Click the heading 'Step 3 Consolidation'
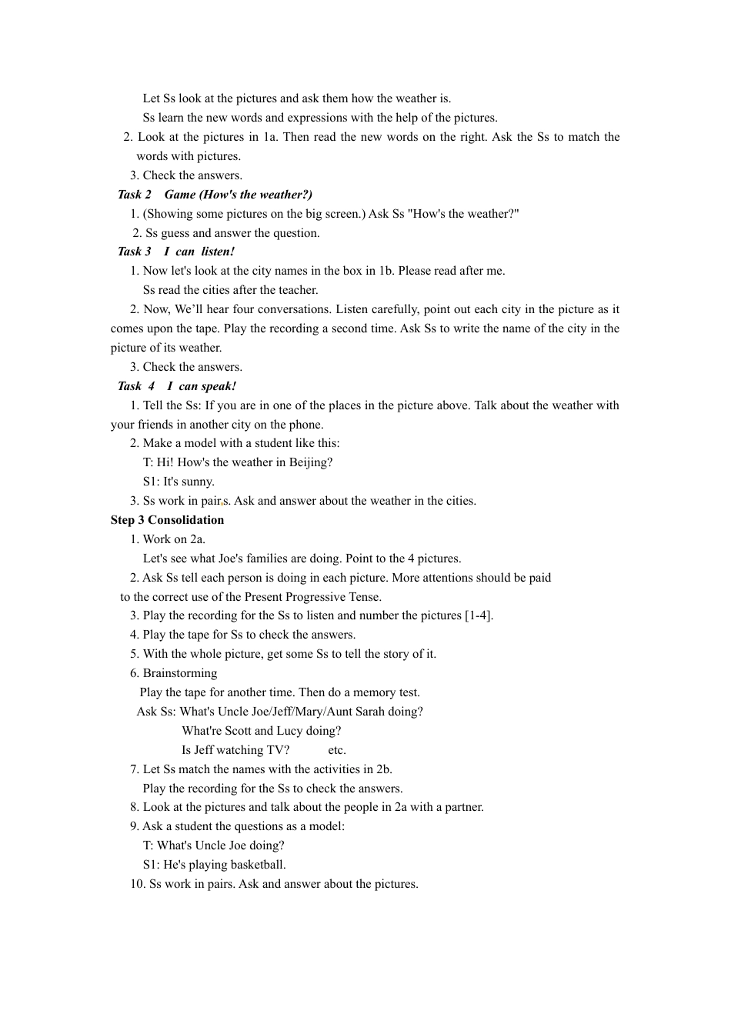click(x=167, y=520)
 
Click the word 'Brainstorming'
click(x=180, y=673)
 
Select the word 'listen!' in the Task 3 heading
click(x=218, y=252)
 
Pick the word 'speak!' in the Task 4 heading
click(x=219, y=386)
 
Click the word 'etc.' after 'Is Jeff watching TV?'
click(x=337, y=750)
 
